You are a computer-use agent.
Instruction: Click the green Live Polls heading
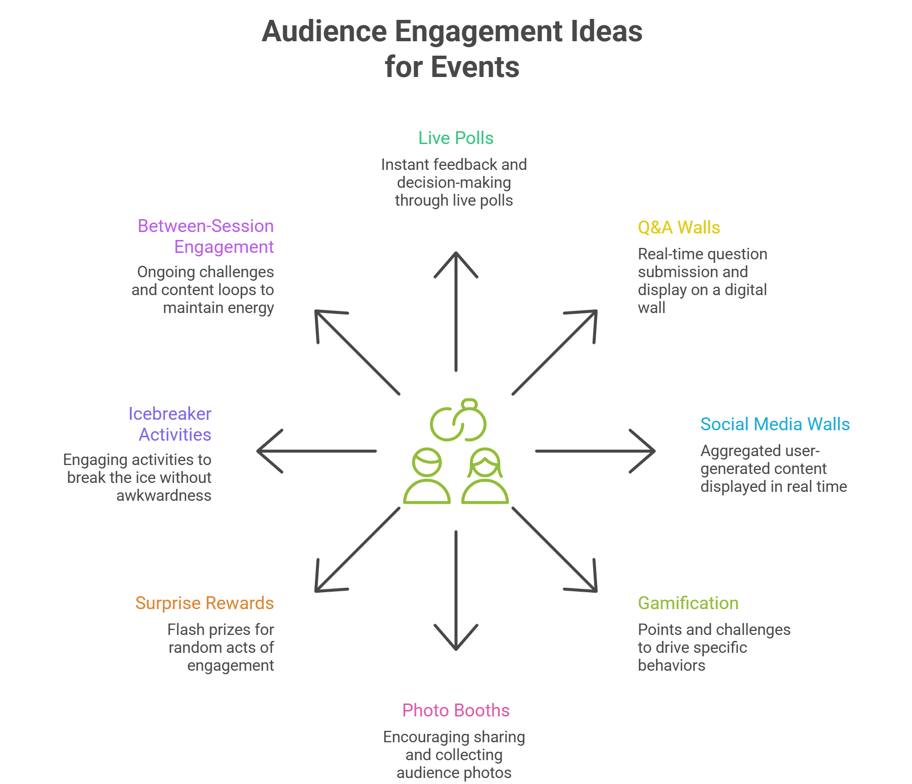(x=456, y=138)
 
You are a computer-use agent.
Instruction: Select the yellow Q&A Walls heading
(x=679, y=228)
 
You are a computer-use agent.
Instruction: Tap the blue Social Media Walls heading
(x=774, y=424)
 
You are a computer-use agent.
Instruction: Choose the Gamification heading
(x=688, y=603)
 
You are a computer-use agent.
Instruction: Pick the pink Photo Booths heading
(x=456, y=710)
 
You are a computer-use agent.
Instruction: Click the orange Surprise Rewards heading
(x=204, y=603)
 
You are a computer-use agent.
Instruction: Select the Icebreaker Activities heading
(x=170, y=424)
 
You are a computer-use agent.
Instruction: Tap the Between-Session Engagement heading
(x=206, y=236)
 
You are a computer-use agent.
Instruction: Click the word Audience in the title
(x=324, y=31)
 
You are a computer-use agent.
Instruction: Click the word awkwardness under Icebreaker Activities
(x=163, y=496)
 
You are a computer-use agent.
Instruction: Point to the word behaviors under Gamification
(x=671, y=666)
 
